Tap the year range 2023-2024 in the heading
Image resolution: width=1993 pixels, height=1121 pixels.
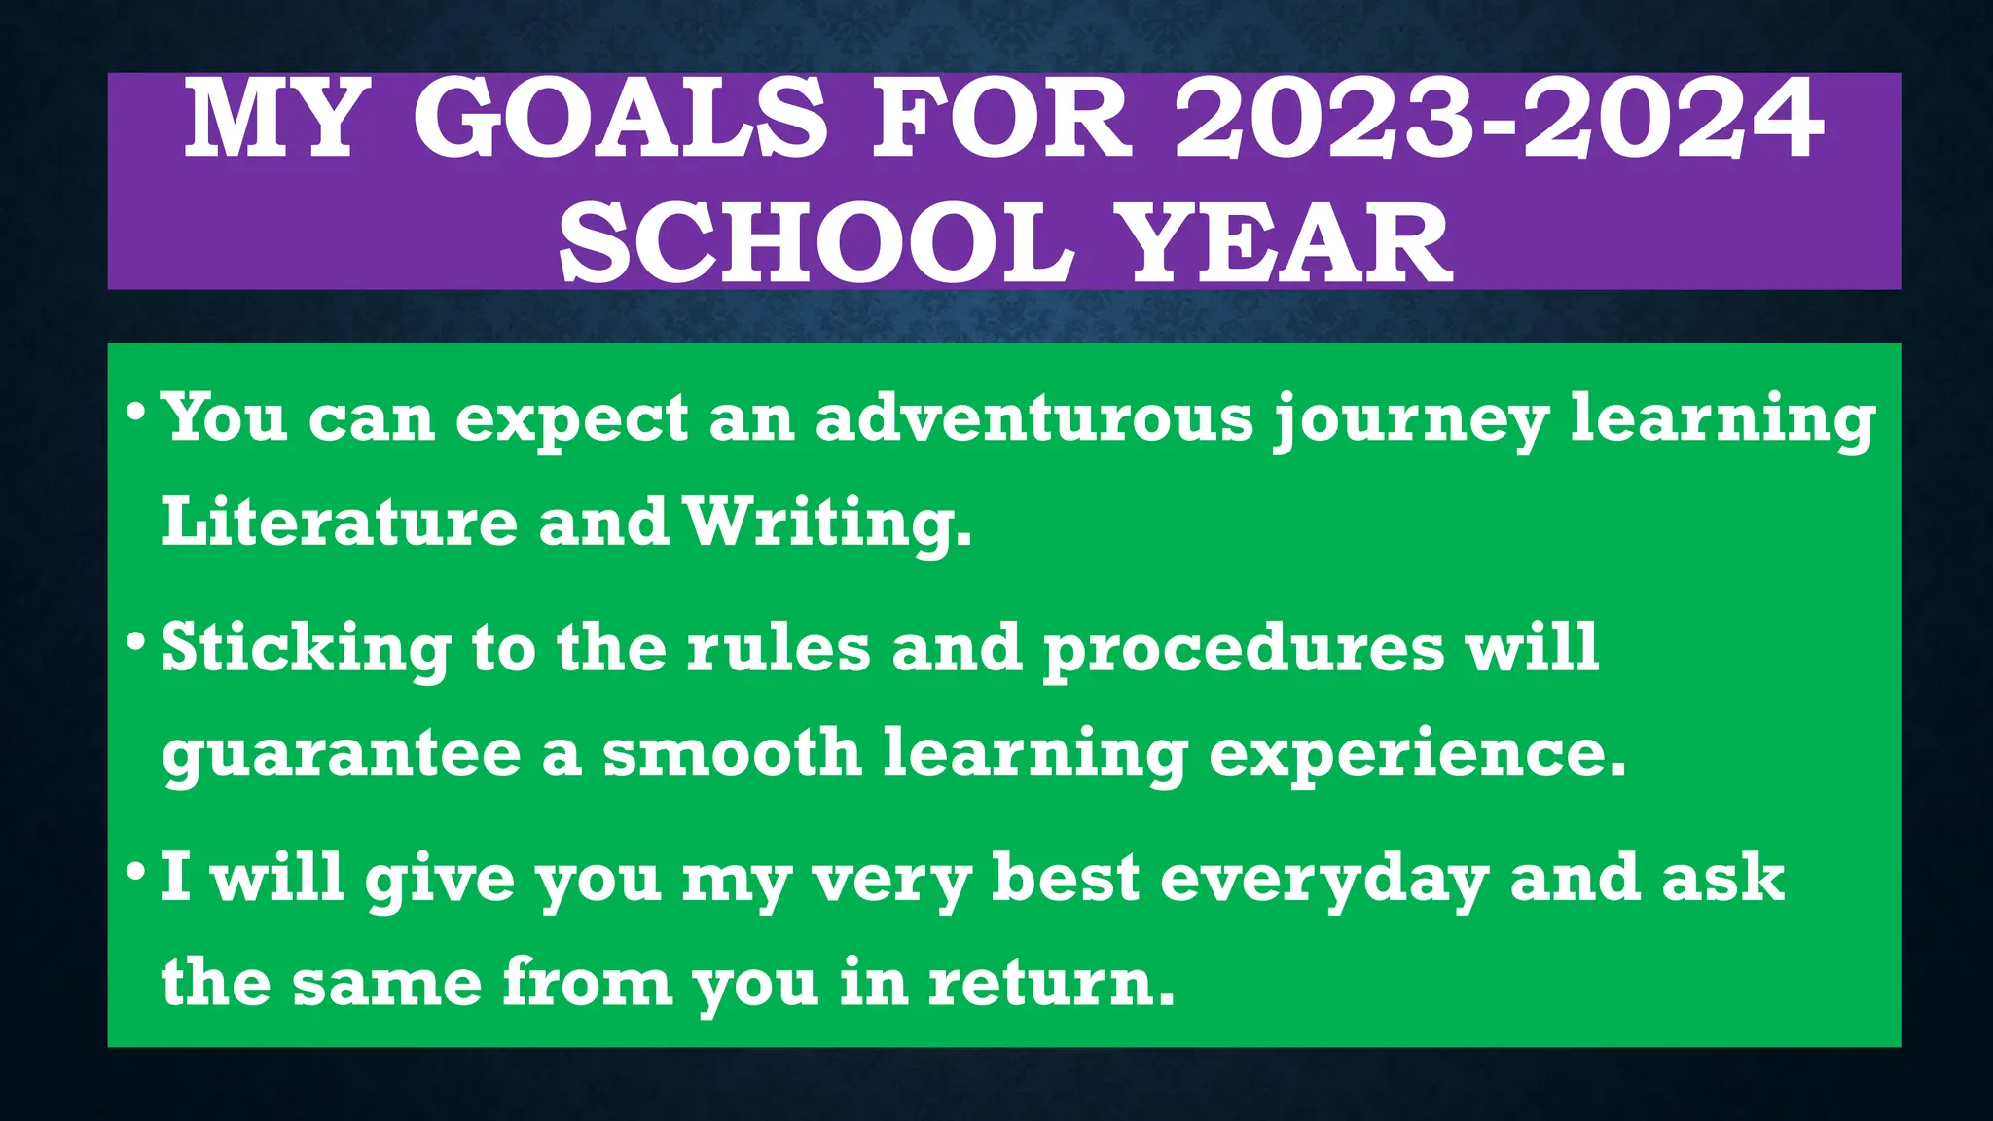click(x=1499, y=119)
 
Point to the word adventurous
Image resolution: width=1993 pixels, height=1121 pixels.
click(x=1034, y=418)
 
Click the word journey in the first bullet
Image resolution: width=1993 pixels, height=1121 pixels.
click(x=1411, y=420)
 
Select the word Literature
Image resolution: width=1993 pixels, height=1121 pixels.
click(x=339, y=523)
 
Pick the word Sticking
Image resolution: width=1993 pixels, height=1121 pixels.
click(x=306, y=650)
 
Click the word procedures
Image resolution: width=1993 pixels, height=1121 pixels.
click(x=1245, y=650)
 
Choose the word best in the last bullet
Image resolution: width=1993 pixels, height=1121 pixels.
click(x=1066, y=878)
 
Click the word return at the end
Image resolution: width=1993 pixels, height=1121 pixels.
click(x=1050, y=983)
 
